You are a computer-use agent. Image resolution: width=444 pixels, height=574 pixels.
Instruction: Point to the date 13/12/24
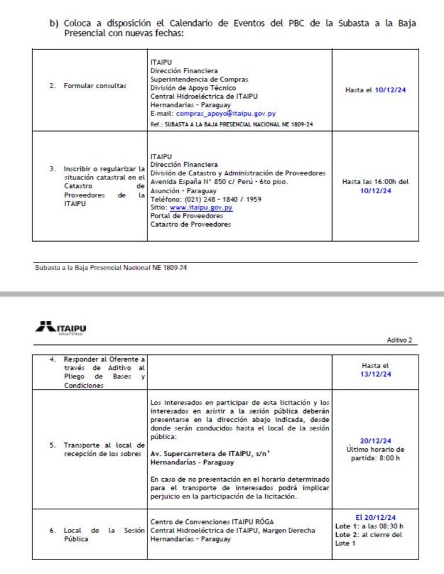375,373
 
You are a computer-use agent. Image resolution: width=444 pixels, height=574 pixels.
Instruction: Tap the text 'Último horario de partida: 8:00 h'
375,453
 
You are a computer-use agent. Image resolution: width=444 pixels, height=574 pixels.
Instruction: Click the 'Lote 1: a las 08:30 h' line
370,526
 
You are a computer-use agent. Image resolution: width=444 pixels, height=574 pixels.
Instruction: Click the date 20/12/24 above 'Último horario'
375,441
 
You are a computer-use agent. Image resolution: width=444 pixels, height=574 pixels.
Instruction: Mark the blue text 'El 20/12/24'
375,517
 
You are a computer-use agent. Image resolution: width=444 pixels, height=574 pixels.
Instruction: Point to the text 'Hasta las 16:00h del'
375,182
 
